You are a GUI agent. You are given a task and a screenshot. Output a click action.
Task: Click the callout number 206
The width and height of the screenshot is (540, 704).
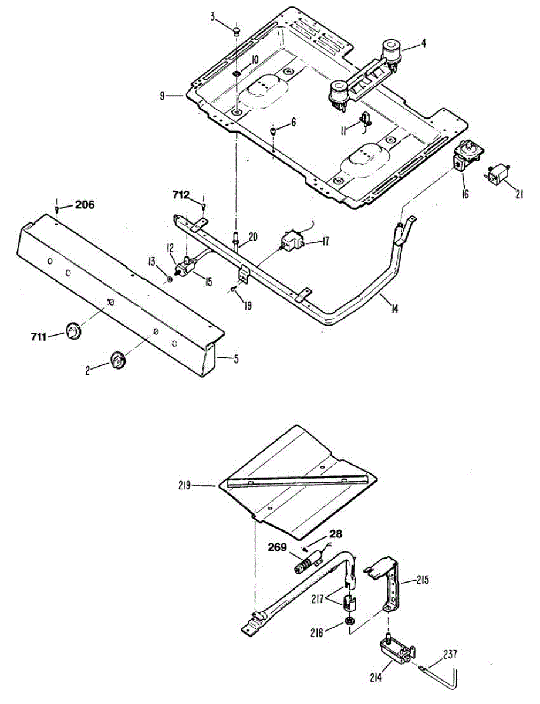pyautogui.click(x=84, y=205)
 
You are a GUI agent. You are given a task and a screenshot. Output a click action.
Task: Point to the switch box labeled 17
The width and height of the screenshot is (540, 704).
pyautogui.click(x=292, y=241)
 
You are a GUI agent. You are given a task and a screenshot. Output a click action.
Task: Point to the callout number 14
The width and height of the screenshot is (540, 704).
pyautogui.click(x=394, y=307)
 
